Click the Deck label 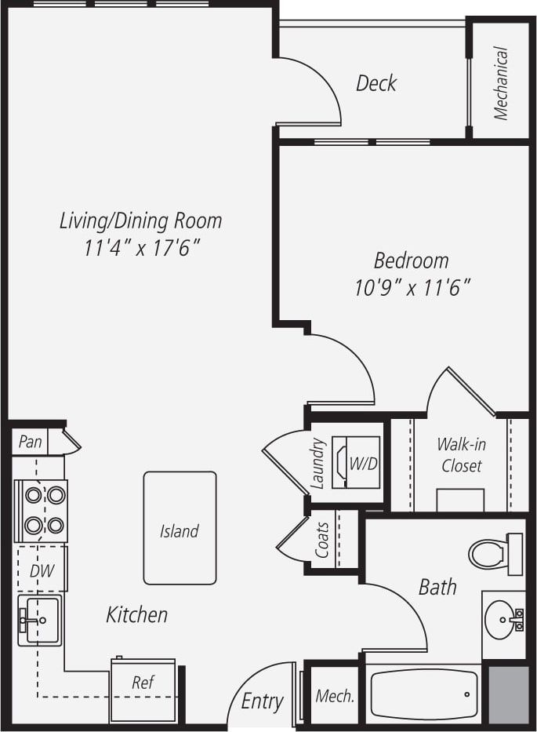[376, 83]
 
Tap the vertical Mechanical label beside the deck [501, 84]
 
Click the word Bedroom [412, 260]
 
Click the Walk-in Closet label [461, 455]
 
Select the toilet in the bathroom [494, 553]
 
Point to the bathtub [423, 694]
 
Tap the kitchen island [180, 528]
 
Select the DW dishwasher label [42, 571]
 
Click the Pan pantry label [30, 442]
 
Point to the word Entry [262, 701]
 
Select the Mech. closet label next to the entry [335, 696]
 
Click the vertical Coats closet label [322, 539]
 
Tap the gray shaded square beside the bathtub [506, 694]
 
